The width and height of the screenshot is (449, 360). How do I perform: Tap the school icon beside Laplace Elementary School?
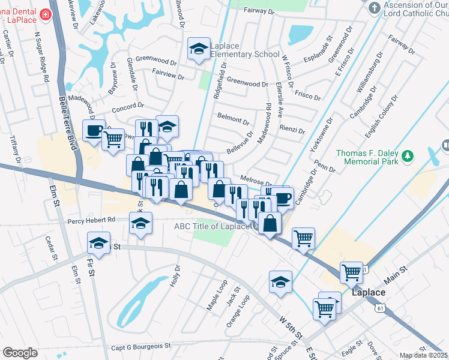pos(199,49)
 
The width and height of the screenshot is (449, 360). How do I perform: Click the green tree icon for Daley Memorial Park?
pos(408,157)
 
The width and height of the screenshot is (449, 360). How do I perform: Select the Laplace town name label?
pos(364,292)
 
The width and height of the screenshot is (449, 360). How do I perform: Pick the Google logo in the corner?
pos(20,353)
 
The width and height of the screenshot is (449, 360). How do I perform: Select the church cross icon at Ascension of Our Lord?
pos(375,8)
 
